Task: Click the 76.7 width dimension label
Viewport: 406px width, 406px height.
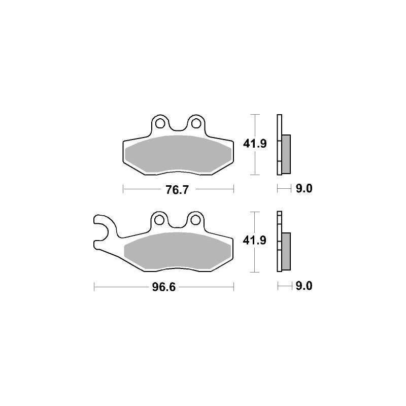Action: tap(177, 190)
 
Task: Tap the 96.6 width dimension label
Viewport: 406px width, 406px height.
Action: tap(164, 287)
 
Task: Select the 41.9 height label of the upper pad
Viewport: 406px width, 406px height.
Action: tap(255, 144)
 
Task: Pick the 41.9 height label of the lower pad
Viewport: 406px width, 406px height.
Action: tap(255, 241)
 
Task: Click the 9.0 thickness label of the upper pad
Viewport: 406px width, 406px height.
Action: tap(304, 188)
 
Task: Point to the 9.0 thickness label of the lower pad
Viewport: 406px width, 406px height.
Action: tap(304, 286)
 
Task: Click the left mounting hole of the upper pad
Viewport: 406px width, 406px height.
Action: tap(160, 123)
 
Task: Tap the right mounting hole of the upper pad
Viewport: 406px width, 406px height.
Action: tap(196, 123)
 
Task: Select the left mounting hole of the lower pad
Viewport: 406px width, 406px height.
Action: tap(159, 220)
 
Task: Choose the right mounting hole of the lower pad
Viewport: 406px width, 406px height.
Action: tap(195, 220)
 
